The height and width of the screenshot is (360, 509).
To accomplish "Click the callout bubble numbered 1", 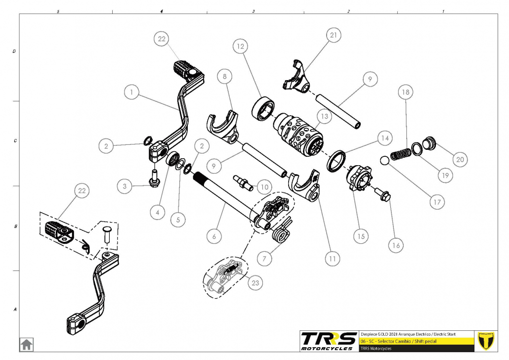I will (131, 92).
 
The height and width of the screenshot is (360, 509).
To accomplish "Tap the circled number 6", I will (214, 236).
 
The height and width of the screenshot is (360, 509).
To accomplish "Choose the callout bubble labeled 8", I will (225, 77).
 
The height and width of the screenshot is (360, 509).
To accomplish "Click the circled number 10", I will (265, 187).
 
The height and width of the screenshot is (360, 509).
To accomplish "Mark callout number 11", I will (332, 258).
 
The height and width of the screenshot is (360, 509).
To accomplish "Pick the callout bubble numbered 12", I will (241, 47).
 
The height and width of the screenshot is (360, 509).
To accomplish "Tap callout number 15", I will (361, 236).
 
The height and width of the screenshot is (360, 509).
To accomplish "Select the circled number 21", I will (334, 35).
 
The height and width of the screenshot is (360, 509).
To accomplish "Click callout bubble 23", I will (255, 283).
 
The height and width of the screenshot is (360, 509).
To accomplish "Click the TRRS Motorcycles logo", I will (329, 341).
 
